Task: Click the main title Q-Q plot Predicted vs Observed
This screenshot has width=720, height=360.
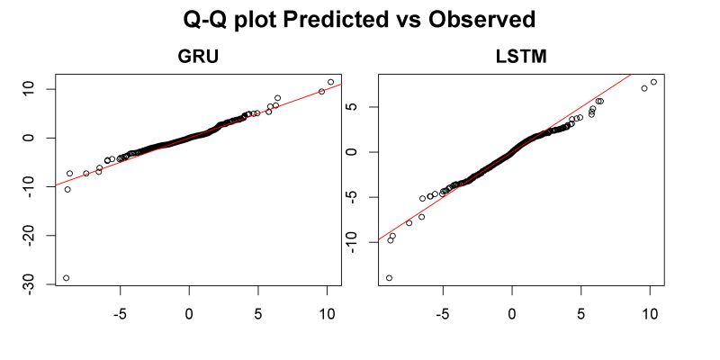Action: click(360, 20)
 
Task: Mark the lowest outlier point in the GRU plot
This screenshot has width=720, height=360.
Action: click(67, 278)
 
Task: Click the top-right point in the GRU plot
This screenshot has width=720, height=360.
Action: click(330, 82)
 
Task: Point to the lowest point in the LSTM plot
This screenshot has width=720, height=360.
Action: click(389, 278)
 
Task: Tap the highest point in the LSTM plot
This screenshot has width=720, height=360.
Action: click(653, 82)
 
